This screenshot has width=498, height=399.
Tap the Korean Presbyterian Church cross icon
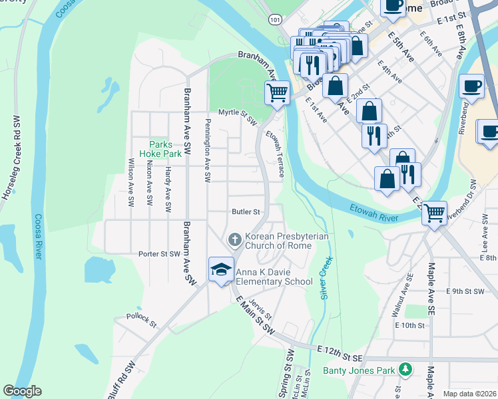234,239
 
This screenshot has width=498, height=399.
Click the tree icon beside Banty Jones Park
405,369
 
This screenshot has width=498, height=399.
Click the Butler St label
245,211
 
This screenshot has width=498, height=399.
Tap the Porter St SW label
159,254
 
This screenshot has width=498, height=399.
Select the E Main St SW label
254,317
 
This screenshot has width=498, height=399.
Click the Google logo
22,391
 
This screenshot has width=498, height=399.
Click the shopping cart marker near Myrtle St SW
277,93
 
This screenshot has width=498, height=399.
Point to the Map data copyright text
469,394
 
